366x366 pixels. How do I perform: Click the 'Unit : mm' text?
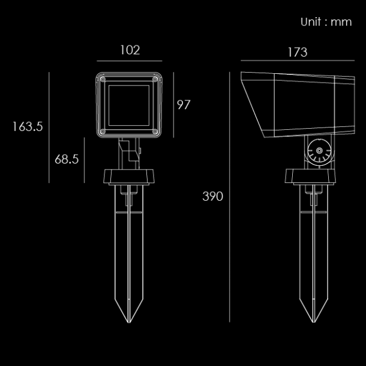coord(326,22)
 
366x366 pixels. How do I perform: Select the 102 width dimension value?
coord(130,50)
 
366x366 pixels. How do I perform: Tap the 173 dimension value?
coord(298,52)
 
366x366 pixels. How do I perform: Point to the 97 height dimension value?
coord(184,104)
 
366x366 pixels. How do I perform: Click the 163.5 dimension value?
coord(28,126)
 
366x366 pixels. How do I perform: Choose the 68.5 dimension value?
coord(67,159)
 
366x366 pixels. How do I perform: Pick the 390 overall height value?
coord(213,196)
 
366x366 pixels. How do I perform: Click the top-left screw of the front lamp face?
coord(103,79)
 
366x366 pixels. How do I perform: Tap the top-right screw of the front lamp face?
coord(155,79)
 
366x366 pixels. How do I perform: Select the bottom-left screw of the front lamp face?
coord(103,132)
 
